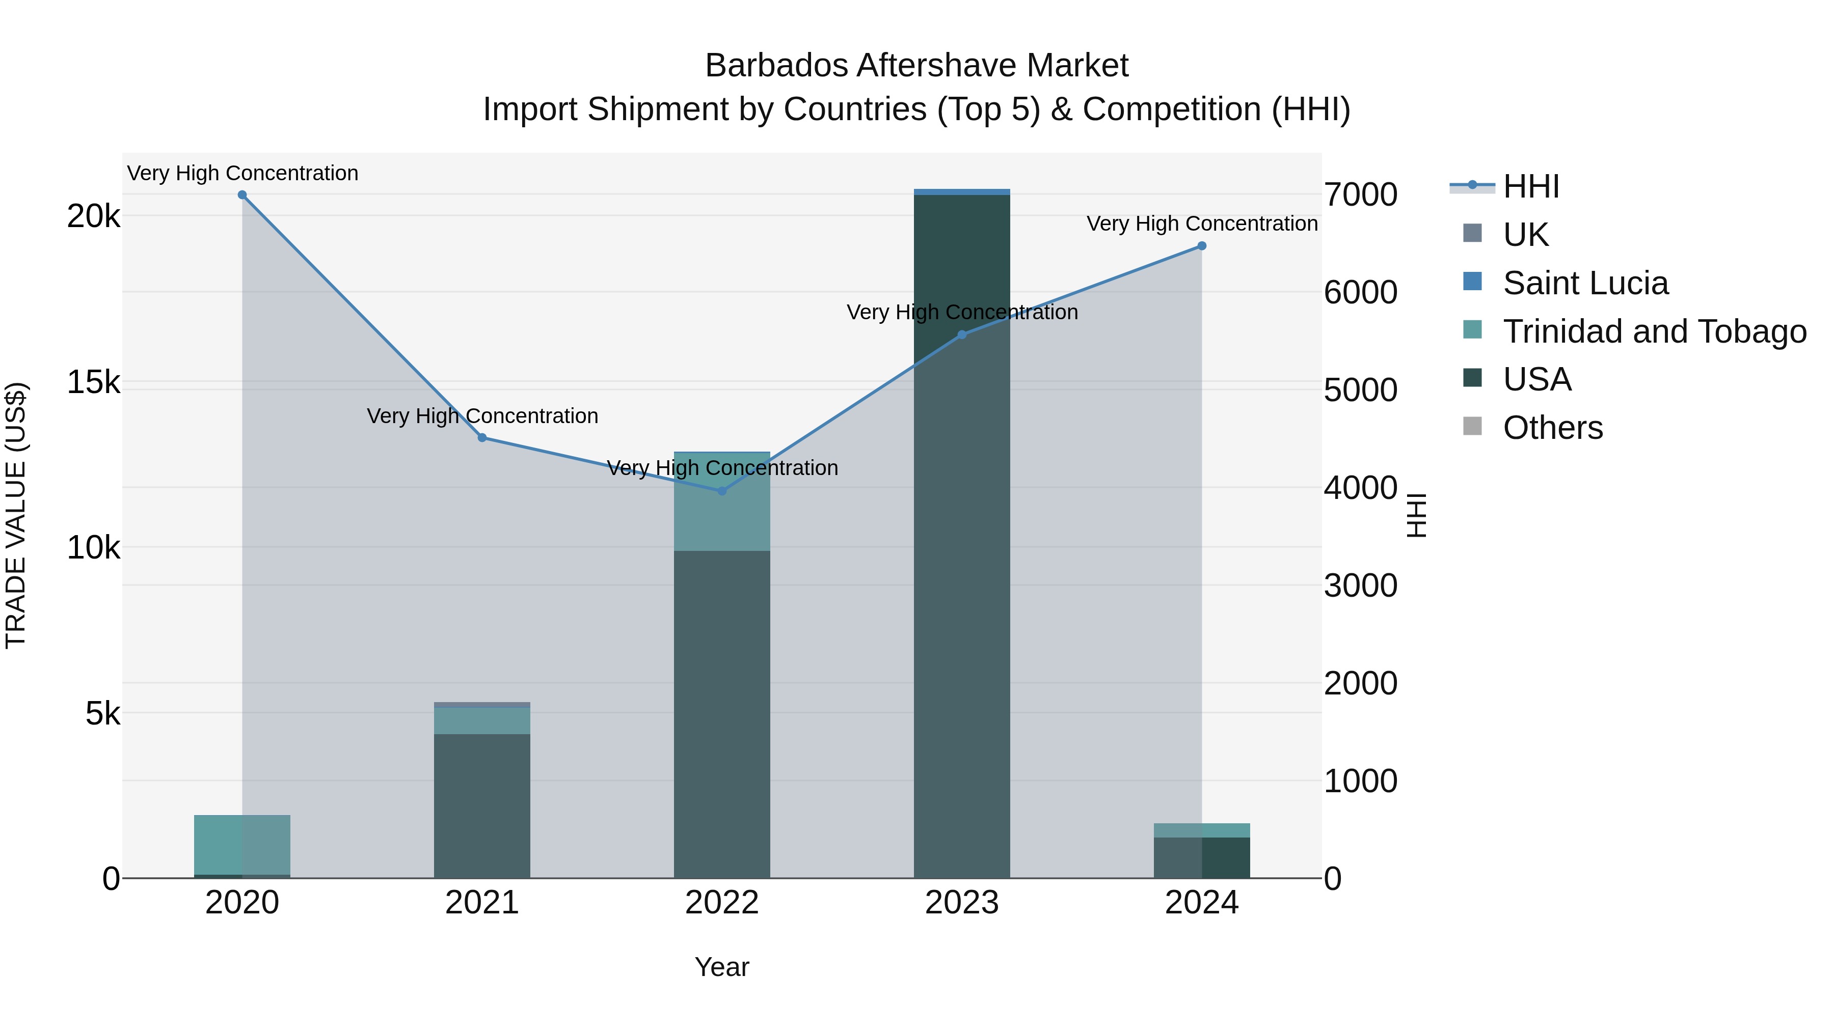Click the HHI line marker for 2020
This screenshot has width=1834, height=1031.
coord(242,195)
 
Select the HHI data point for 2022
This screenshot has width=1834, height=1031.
coord(722,491)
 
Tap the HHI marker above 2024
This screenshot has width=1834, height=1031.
coord(1202,246)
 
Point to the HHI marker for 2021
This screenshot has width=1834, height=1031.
coord(482,437)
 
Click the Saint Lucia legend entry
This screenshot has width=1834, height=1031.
coord(1585,283)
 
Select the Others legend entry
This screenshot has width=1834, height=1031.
coord(1553,428)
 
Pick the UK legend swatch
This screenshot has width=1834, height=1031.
coord(1472,233)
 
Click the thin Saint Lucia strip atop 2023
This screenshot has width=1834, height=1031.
coord(962,192)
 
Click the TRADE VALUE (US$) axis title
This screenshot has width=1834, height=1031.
coord(16,515)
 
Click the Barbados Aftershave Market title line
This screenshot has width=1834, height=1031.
coord(916,66)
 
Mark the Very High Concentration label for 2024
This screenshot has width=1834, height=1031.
coord(1202,224)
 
